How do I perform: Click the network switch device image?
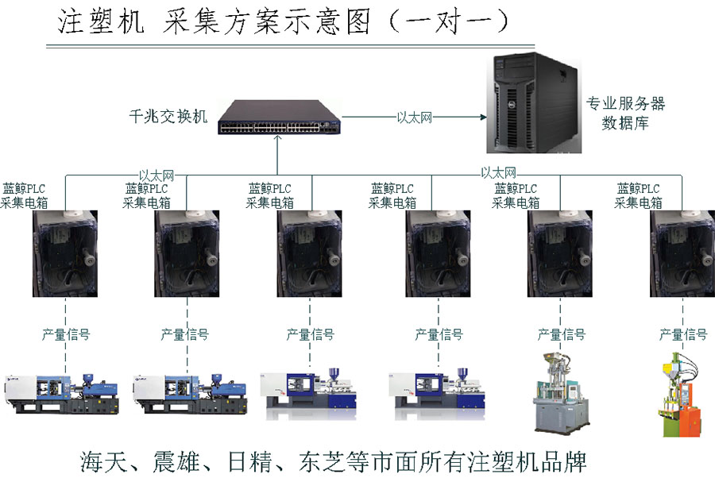point(278,116)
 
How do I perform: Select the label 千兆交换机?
point(168,117)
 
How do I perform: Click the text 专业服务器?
point(625,103)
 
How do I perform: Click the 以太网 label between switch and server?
point(414,117)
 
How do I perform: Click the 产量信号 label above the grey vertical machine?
point(561,335)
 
